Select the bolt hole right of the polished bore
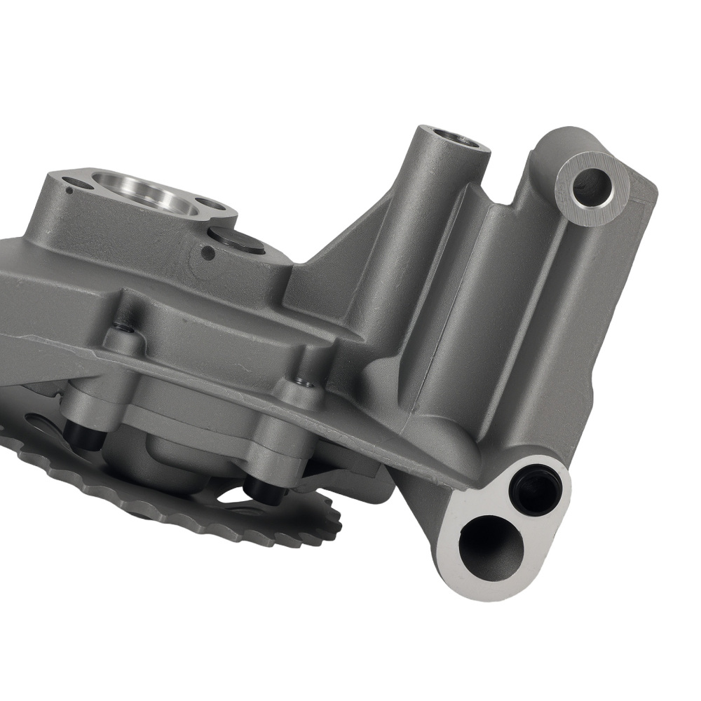pos(211,206)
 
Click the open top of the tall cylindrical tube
pos(459,137)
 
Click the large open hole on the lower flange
pos(491,546)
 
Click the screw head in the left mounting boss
pos(124,327)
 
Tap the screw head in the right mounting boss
pos(304,382)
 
